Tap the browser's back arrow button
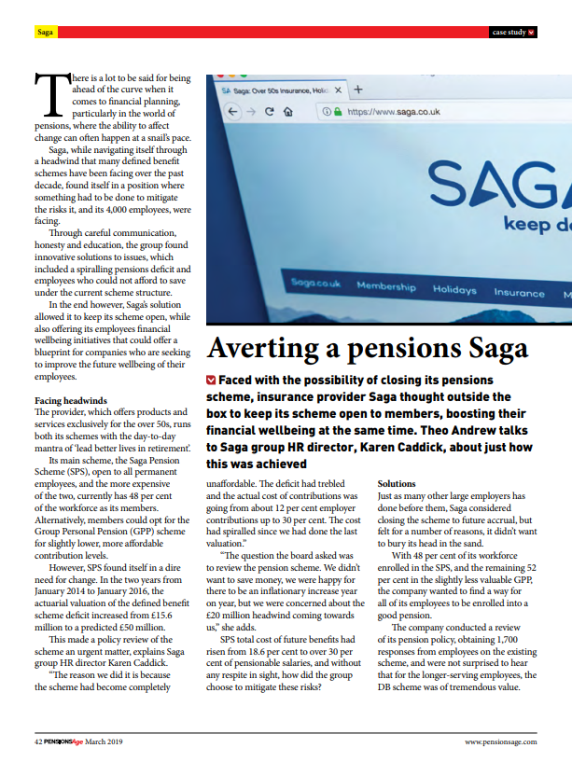click(233, 111)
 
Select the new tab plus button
click(358, 90)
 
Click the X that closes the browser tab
click(338, 90)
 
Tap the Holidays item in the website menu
click(454, 290)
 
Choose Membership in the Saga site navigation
click(385, 285)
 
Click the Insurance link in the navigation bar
click(519, 293)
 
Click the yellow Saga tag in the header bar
click(45, 33)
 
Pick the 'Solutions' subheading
click(396, 484)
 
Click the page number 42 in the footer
click(38, 741)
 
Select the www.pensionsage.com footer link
click(501, 741)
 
